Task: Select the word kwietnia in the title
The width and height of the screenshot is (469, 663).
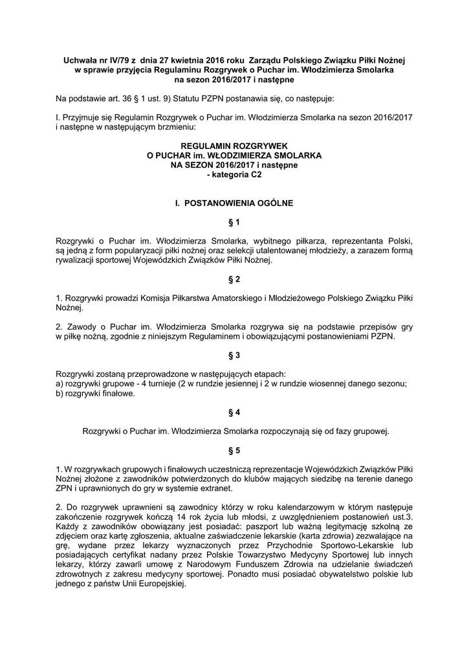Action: pos(186,60)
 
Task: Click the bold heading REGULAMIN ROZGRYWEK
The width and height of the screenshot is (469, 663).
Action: pos(234,147)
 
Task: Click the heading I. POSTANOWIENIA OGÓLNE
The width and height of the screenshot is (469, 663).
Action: pos(234,203)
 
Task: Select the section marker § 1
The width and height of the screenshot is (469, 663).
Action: pos(234,222)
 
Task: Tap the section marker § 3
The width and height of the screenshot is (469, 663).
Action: pos(234,355)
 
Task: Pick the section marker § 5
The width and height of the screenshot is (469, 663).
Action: pos(234,450)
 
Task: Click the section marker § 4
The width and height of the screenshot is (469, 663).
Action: pos(234,412)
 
